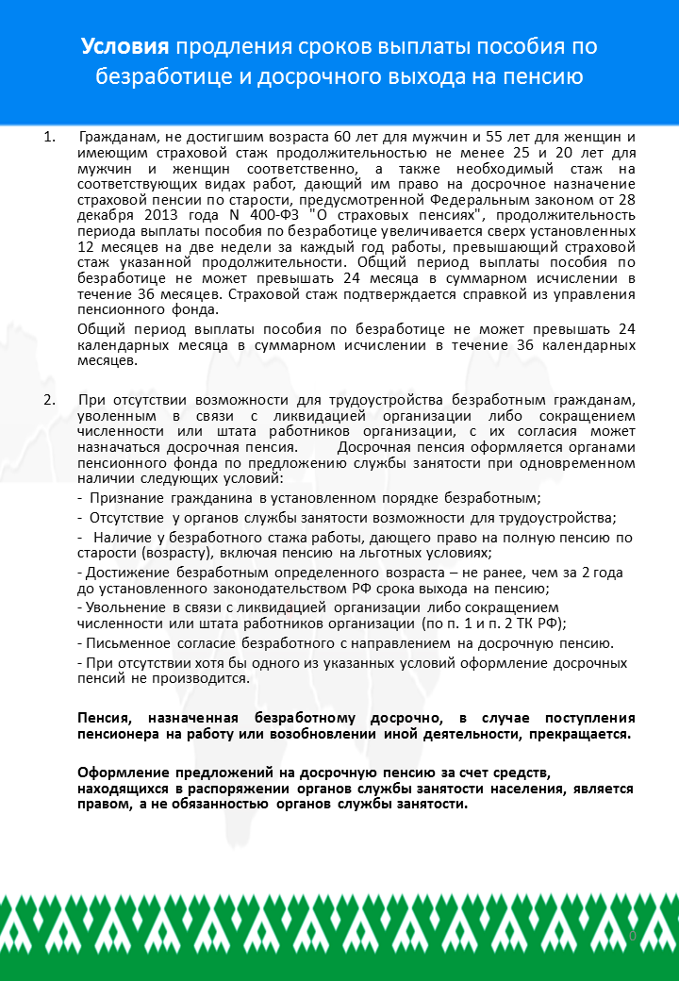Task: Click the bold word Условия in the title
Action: [124, 47]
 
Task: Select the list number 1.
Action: [47, 139]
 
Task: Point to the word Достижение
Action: [127, 574]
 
